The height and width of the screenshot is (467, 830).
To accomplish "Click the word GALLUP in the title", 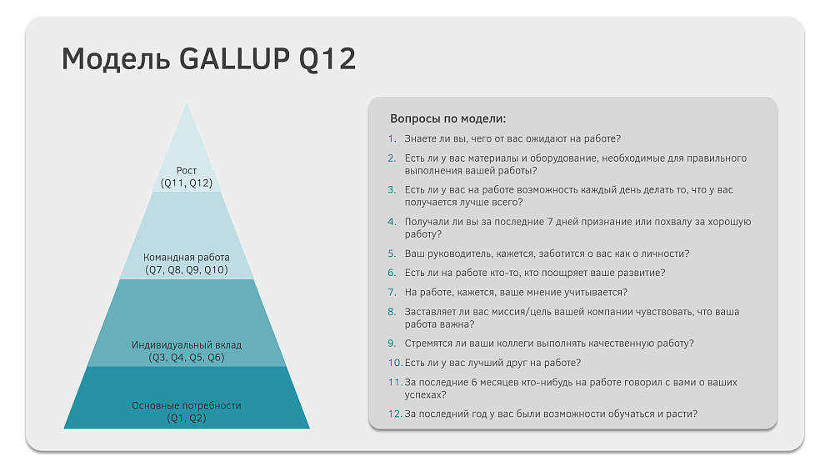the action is (x=234, y=58).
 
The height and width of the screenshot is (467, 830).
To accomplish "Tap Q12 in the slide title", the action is (x=327, y=59).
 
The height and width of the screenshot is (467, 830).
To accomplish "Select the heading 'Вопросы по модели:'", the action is (x=447, y=118).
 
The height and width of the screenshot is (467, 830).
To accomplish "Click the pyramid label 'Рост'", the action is (x=187, y=170).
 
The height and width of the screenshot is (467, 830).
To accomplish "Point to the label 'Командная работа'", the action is (x=187, y=258).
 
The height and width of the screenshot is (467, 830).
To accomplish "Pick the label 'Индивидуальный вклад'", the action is (x=187, y=345).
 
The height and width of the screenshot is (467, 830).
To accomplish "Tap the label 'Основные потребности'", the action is (x=187, y=405).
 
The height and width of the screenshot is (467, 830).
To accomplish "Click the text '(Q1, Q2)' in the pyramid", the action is (x=187, y=419).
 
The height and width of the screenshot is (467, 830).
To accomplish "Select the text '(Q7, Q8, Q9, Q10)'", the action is (x=187, y=270).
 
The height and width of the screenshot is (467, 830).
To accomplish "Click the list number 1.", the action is (x=392, y=138).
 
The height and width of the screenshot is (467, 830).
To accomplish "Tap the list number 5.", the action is (x=392, y=254).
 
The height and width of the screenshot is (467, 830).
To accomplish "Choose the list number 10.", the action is (x=395, y=363).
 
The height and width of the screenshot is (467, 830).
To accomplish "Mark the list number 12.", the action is (x=395, y=414).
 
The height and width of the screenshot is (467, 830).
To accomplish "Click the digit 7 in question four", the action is (x=550, y=222).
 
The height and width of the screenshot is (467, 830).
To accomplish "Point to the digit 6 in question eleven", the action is (x=474, y=382).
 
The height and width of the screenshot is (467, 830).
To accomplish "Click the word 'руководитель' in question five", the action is (x=457, y=254).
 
